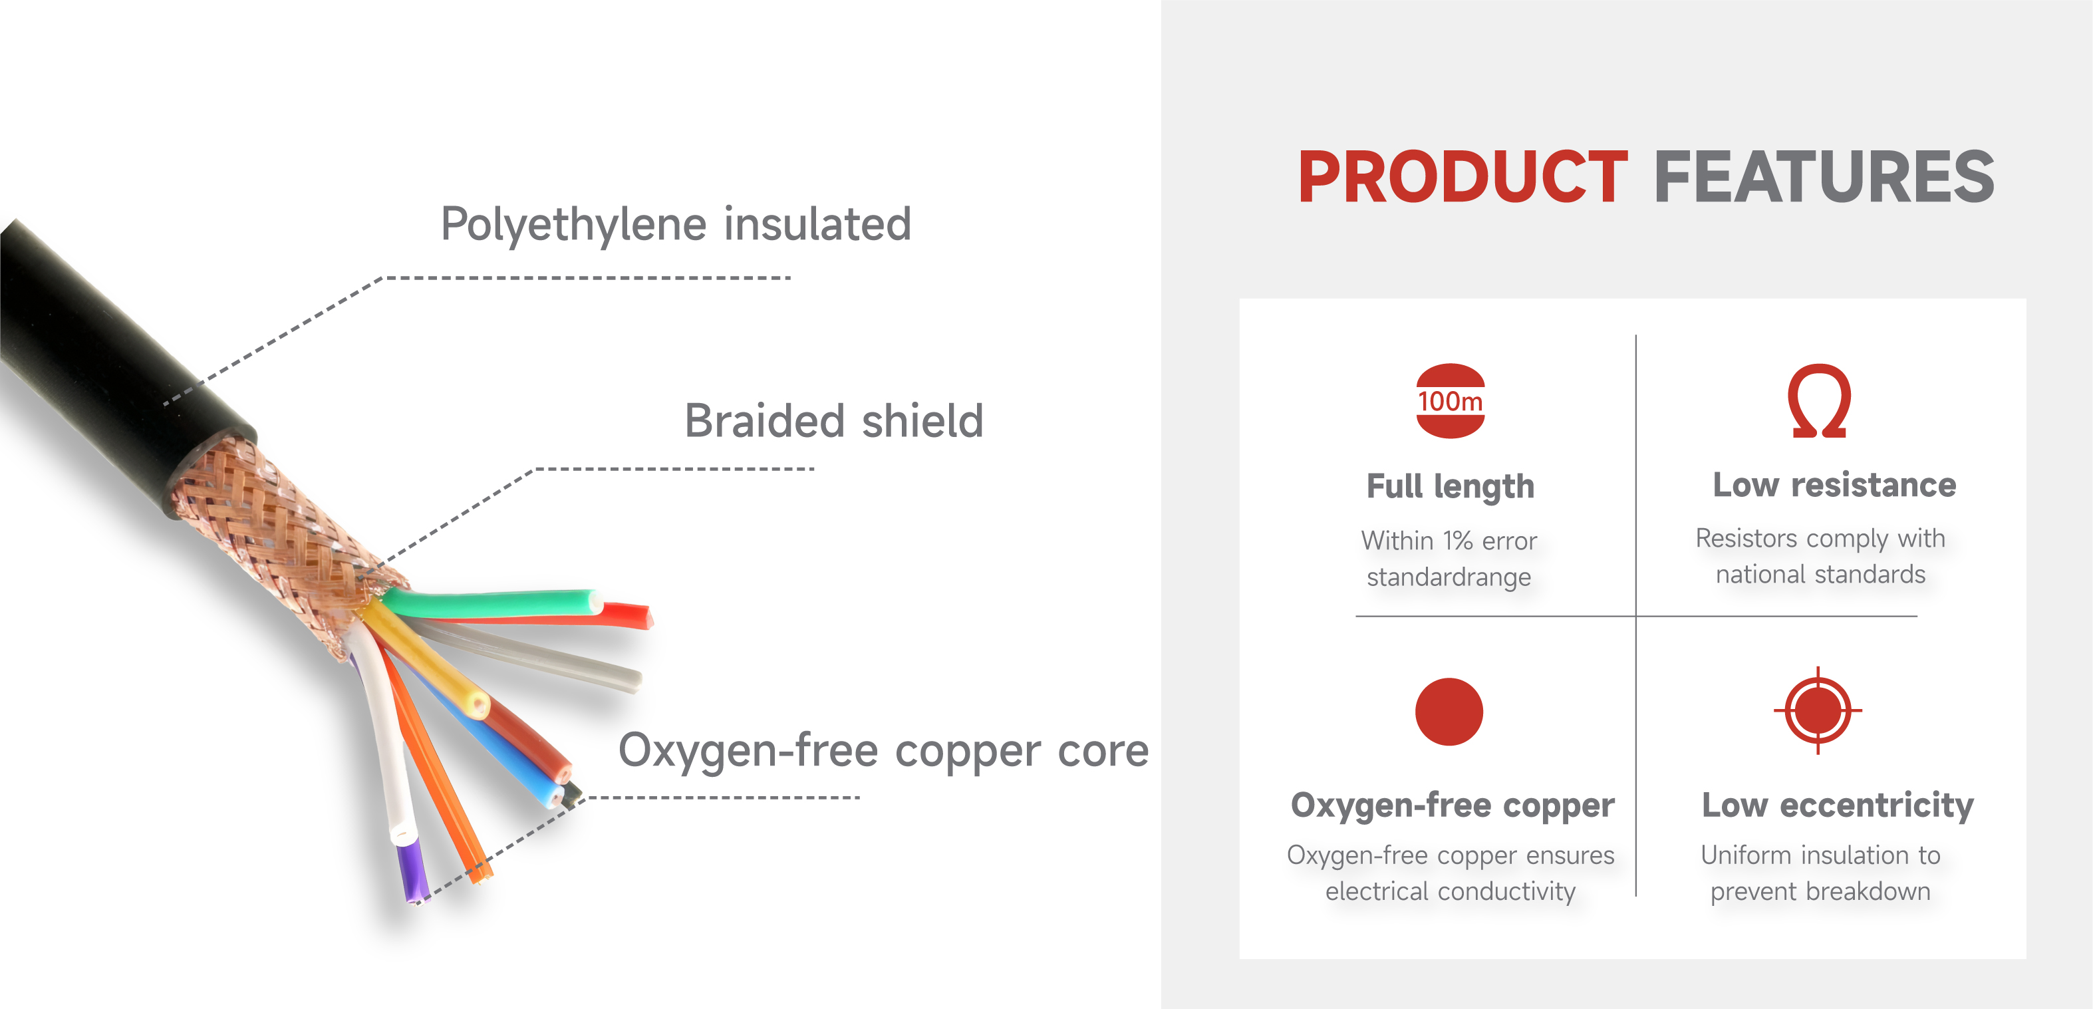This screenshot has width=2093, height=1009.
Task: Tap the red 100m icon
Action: click(1451, 400)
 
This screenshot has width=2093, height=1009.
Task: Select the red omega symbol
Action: click(1819, 400)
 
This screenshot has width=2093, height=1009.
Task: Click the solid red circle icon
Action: click(1449, 712)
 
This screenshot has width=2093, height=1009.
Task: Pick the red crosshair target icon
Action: click(1818, 711)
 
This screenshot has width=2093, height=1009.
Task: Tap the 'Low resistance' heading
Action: click(1835, 485)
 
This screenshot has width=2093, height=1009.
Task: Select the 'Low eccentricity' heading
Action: click(1838, 805)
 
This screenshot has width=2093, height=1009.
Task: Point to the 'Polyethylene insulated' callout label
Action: click(676, 224)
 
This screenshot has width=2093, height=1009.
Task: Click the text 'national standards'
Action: click(1820, 575)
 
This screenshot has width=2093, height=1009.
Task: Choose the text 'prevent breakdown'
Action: click(1820, 891)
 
